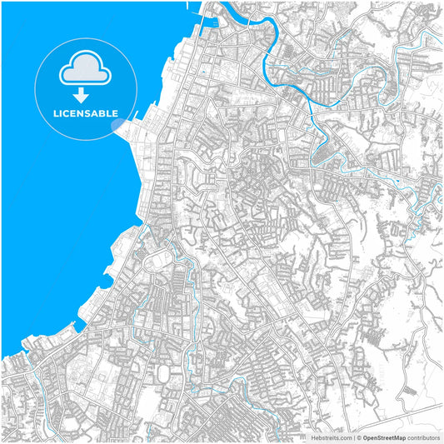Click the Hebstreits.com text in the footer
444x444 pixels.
331,437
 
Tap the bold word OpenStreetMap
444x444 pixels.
384,437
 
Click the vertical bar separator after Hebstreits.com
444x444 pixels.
353,437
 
